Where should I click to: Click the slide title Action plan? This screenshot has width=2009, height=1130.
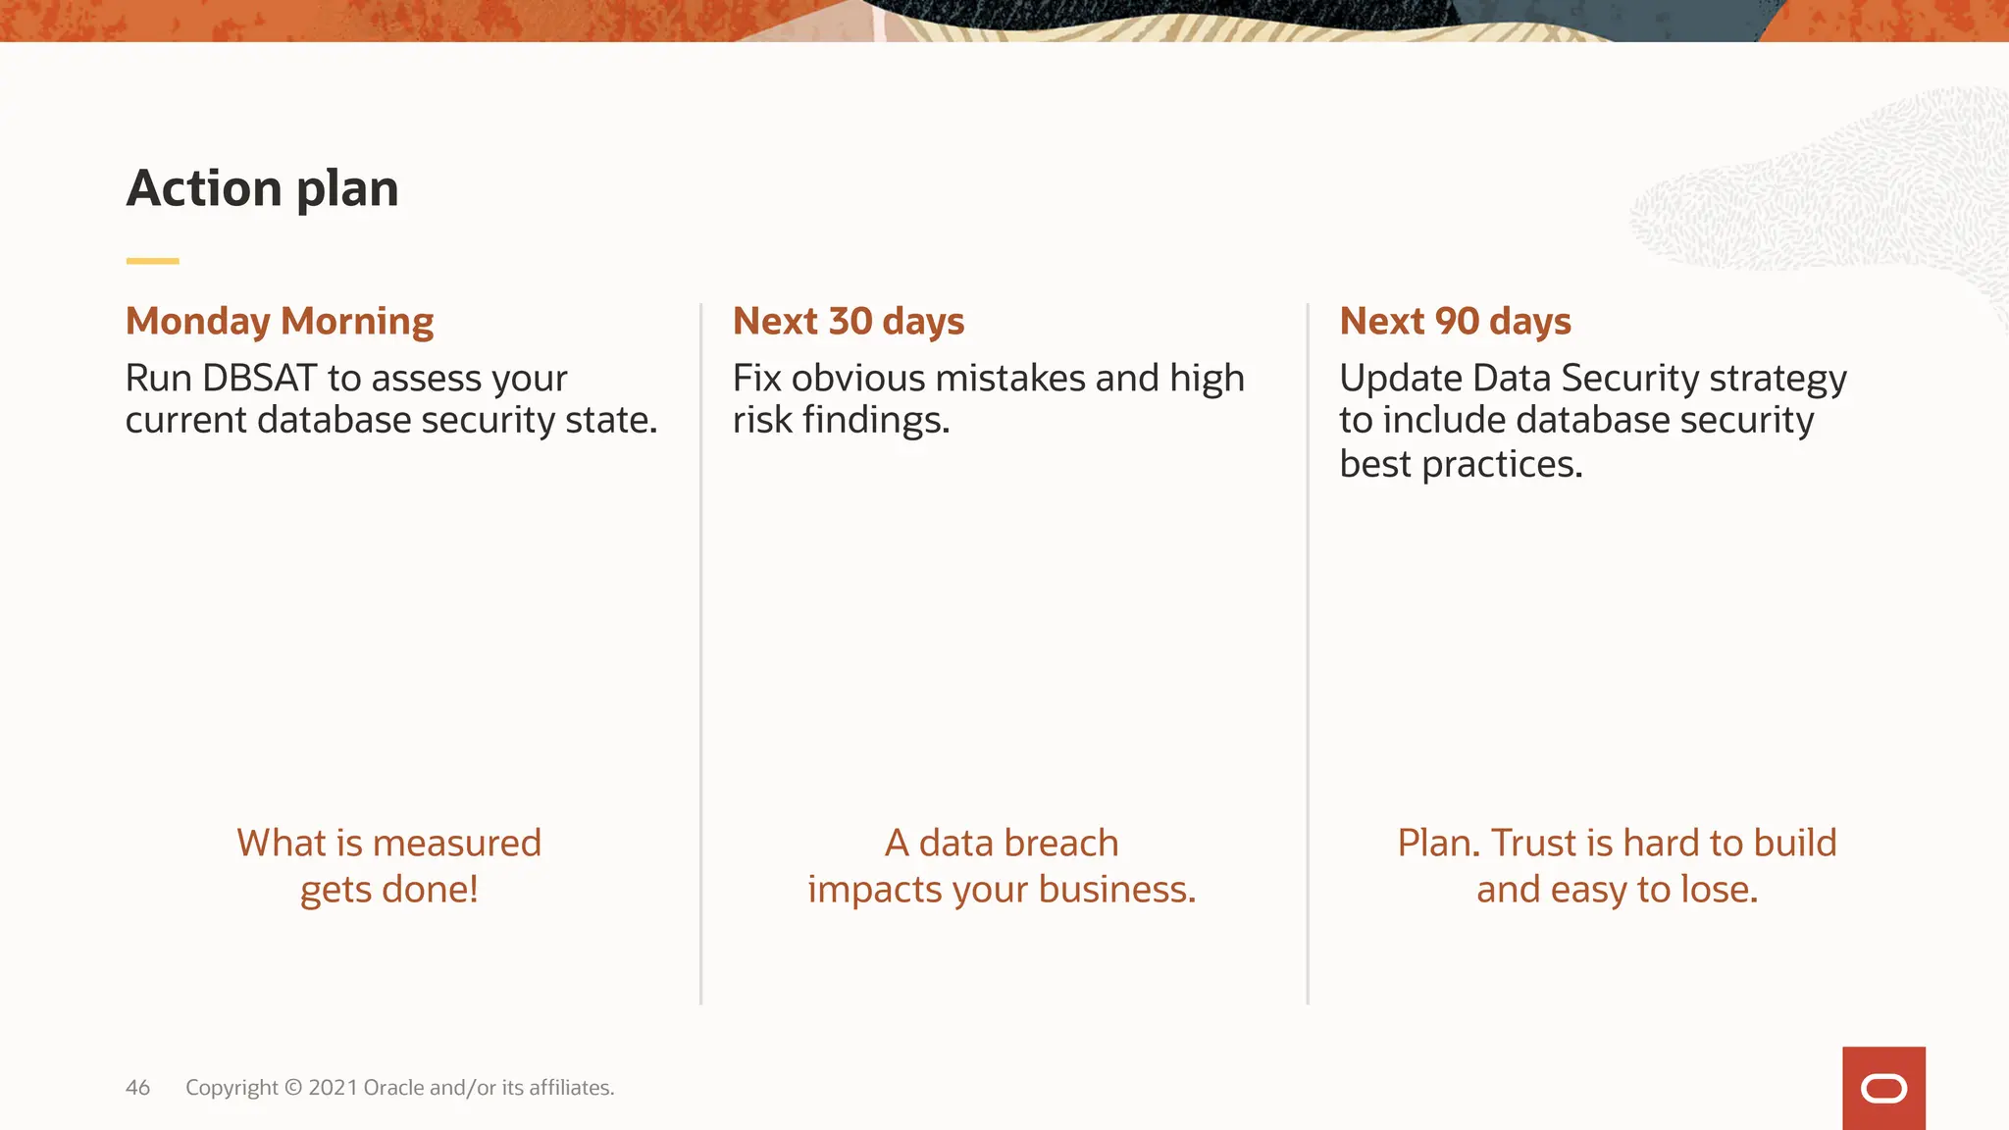pyautogui.click(x=262, y=187)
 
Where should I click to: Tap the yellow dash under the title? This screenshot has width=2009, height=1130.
pyautogui.click(x=152, y=261)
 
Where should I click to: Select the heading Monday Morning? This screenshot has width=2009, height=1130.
pyautogui.click(x=280, y=322)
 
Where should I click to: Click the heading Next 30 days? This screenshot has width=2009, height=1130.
pyautogui.click(x=849, y=322)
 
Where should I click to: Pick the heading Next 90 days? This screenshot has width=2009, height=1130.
pyautogui.click(x=1455, y=322)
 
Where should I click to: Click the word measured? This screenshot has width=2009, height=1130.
pyautogui.click(x=456, y=844)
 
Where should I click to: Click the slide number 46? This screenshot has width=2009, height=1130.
pyautogui.click(x=137, y=1088)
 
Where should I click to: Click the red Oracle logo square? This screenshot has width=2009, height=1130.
pyautogui.click(x=1883, y=1088)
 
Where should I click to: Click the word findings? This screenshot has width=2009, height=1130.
pyautogui.click(x=875, y=422)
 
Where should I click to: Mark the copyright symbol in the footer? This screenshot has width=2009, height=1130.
pyautogui.click(x=293, y=1088)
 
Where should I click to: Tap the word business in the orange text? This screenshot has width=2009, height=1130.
pyautogui.click(x=1115, y=890)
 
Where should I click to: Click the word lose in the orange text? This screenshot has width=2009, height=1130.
pyautogui.click(x=1719, y=890)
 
